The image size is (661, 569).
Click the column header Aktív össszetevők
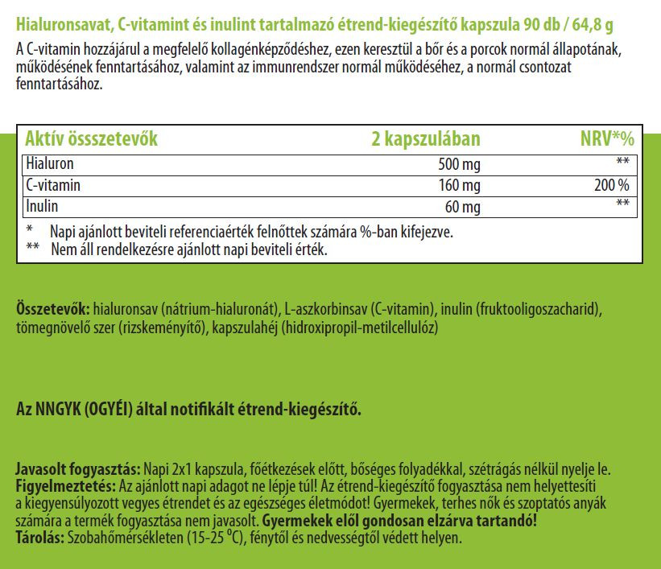(x=91, y=138)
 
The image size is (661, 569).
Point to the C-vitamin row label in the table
(x=54, y=186)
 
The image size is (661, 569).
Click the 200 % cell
(x=613, y=187)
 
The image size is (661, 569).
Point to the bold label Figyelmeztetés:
(x=65, y=487)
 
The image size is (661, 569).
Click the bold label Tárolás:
(x=40, y=538)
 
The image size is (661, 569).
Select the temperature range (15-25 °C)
(x=213, y=538)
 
